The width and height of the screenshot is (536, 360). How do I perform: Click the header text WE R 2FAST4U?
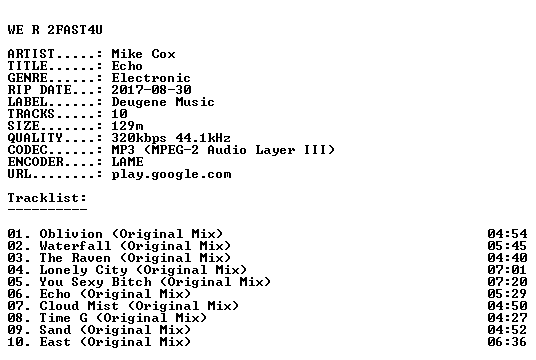[55, 30]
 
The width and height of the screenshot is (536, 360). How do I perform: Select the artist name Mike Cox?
[144, 54]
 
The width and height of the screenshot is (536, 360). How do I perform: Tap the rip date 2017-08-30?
[151, 90]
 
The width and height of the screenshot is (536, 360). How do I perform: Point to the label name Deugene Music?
[163, 102]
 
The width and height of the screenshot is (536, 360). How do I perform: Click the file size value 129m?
[128, 126]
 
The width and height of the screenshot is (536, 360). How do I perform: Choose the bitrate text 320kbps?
[139, 138]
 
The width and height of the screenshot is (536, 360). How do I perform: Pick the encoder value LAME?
[128, 162]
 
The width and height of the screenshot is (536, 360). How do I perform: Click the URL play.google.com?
[172, 174]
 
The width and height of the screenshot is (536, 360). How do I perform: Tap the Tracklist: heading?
[48, 198]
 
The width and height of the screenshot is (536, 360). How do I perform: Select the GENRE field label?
[27, 78]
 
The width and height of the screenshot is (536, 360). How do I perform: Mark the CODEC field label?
[27, 150]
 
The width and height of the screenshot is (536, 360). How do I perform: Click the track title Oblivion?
[71, 234]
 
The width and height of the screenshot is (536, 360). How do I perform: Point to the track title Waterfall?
[75, 246]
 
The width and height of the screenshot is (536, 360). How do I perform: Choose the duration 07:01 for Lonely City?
[507, 270]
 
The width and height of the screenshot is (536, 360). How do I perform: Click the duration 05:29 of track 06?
[507, 294]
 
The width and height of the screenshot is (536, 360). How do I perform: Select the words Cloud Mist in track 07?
[79, 306]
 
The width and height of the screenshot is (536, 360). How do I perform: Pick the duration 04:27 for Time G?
[507, 318]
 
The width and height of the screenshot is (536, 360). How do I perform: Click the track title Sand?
[55, 330]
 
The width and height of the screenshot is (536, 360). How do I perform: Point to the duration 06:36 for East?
[507, 342]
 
